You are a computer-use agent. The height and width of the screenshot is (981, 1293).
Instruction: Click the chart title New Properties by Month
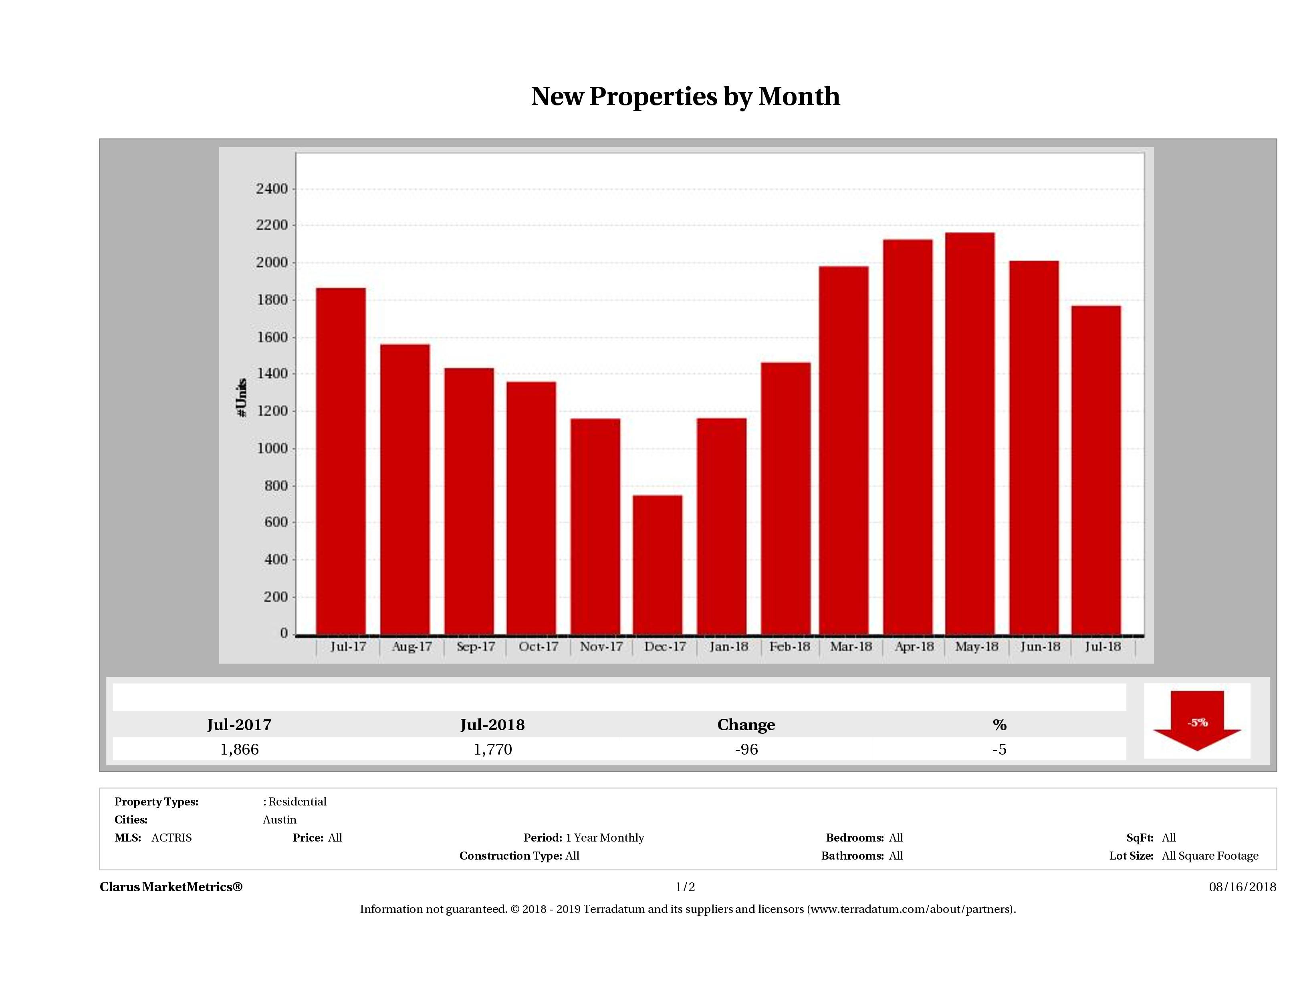pyautogui.click(x=685, y=97)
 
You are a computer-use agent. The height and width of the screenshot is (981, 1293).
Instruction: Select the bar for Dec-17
pyautogui.click(x=658, y=564)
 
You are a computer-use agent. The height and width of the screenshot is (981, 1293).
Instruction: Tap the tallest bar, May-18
pyautogui.click(x=970, y=433)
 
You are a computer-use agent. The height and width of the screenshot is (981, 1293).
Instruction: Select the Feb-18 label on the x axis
pyautogui.click(x=790, y=647)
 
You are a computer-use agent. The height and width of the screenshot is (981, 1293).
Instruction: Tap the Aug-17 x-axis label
pyautogui.click(x=412, y=647)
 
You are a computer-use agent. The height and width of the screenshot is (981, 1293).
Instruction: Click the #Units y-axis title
pyautogui.click(x=242, y=398)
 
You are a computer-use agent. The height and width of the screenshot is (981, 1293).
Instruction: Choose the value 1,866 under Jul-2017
pyautogui.click(x=239, y=749)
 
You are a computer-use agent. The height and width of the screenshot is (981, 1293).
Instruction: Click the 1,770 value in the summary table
pyautogui.click(x=493, y=749)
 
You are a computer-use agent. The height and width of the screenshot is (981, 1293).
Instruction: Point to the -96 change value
pyautogui.click(x=746, y=749)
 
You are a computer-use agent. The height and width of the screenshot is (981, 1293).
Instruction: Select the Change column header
pyautogui.click(x=746, y=725)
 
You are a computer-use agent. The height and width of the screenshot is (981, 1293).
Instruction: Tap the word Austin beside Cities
pyautogui.click(x=279, y=820)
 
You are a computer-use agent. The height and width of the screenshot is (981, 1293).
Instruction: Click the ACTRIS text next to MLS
pyautogui.click(x=171, y=838)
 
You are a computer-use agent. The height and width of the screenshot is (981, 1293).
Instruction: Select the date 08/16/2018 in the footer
pyautogui.click(x=1242, y=887)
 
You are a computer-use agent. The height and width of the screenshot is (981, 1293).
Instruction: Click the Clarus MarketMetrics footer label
pyautogui.click(x=171, y=887)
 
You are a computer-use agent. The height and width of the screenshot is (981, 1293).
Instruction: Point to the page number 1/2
pyautogui.click(x=685, y=887)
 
